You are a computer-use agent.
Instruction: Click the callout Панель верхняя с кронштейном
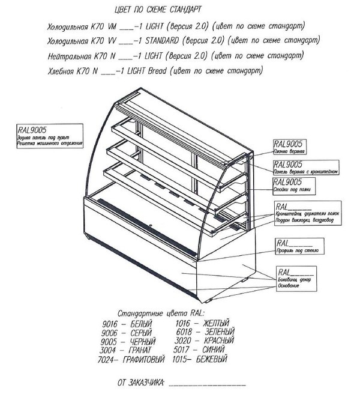pos(305,168)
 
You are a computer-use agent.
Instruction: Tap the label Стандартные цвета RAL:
pos(160,314)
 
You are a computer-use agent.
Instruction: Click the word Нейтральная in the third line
pos(70,56)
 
